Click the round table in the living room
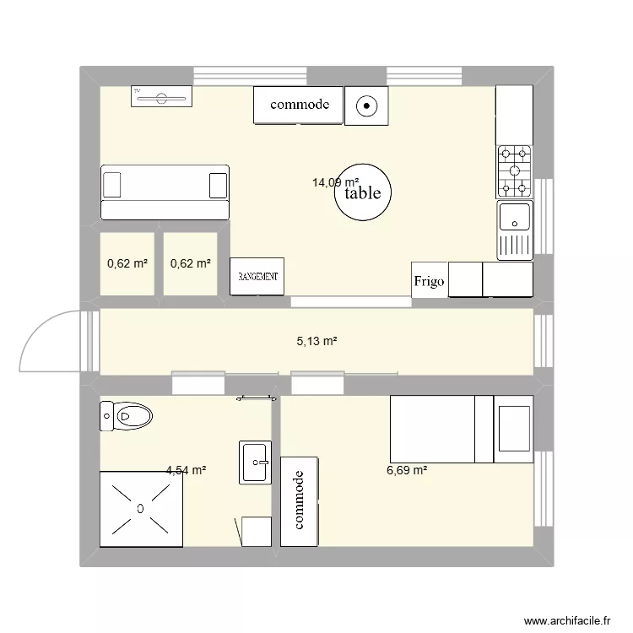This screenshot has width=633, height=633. [x=363, y=193]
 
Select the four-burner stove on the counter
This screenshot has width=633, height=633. [x=514, y=170]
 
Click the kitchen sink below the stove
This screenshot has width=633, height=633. [x=514, y=217]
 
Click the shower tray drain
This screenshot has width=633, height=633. [x=140, y=508]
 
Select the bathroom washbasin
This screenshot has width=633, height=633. [x=255, y=462]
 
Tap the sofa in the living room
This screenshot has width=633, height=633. [x=165, y=193]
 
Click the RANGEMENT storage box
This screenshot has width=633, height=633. [x=258, y=277]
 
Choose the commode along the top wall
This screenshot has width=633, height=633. [x=299, y=105]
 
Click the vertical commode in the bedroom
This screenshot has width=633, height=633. [x=299, y=500]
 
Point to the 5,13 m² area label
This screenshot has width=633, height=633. [x=316, y=342]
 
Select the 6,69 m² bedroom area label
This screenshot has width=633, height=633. [x=407, y=471]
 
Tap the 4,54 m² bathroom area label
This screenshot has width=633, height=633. [x=187, y=471]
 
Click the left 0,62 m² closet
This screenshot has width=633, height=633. [x=127, y=264]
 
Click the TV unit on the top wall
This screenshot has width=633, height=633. [x=161, y=97]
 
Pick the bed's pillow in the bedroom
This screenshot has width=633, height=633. [x=513, y=430]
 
